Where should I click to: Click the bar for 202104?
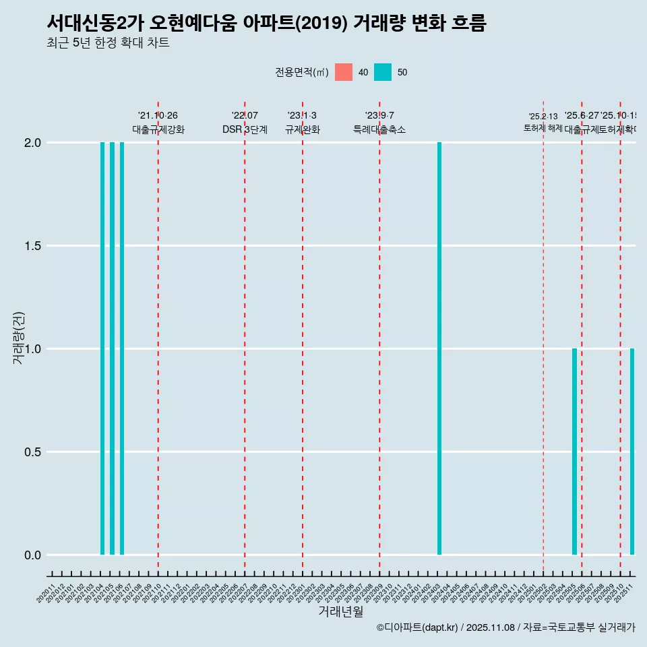pyautogui.click(x=102, y=348)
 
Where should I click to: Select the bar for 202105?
pyautogui.click(x=112, y=348)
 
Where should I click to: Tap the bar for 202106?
pyautogui.click(x=122, y=348)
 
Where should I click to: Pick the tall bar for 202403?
pyautogui.click(x=439, y=348)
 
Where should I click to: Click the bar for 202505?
pyautogui.click(x=574, y=452)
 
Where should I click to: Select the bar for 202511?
pyautogui.click(x=632, y=452)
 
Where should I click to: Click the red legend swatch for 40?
pyautogui.click(x=344, y=72)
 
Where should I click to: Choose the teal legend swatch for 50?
pyautogui.click(x=383, y=72)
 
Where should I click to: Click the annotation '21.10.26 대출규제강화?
pyautogui.click(x=158, y=123)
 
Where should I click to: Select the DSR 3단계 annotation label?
pyautogui.click(x=245, y=130)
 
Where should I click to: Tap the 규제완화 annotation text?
pyautogui.click(x=302, y=130)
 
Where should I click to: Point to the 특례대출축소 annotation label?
pyautogui.click(x=379, y=130)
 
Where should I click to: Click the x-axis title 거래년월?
pyautogui.click(x=340, y=612)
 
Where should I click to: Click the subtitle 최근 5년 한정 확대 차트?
pyautogui.click(x=108, y=43)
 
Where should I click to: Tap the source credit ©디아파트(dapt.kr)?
pyautogui.click(x=417, y=628)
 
